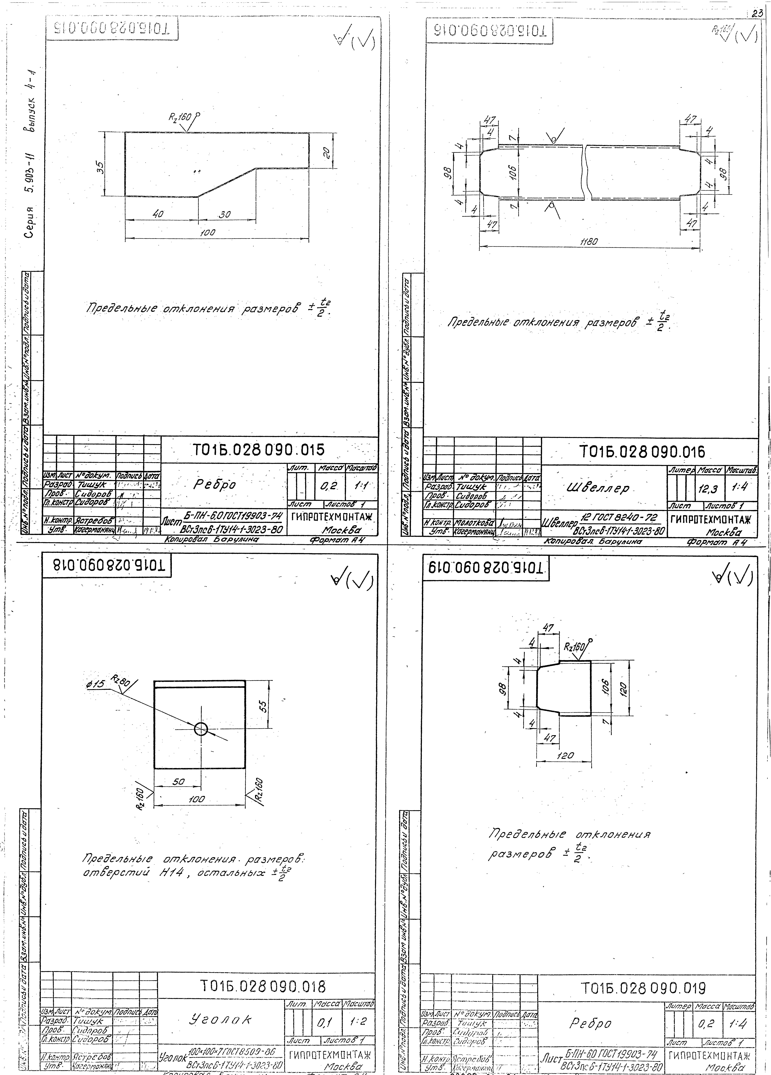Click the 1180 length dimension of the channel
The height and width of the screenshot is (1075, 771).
pyautogui.click(x=589, y=241)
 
